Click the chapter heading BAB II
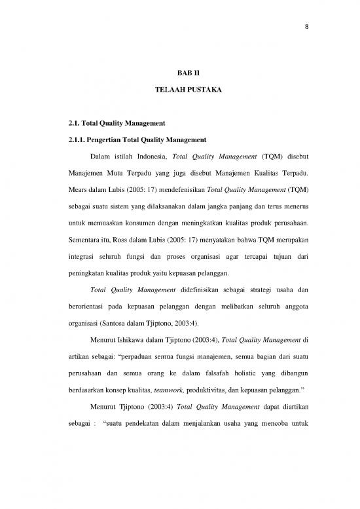[x=192, y=75]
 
